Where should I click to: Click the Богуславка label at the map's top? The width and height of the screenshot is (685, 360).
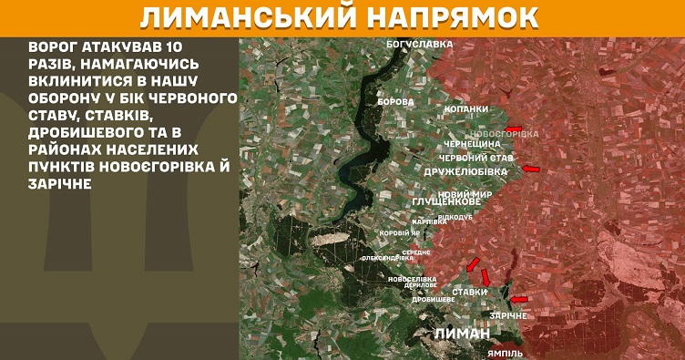point(420,43)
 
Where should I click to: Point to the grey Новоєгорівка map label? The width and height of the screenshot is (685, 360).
point(507,134)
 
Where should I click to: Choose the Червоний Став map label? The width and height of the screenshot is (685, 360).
point(476,158)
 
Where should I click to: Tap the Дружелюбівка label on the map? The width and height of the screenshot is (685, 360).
point(466,170)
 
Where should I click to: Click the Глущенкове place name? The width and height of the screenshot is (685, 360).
point(446,201)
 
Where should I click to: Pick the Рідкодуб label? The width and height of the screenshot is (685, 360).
point(455,218)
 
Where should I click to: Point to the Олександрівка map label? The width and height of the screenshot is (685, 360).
point(387,257)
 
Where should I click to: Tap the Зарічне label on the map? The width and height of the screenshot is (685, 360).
point(507,315)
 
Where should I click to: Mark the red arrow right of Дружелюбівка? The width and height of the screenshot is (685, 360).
point(531,169)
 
